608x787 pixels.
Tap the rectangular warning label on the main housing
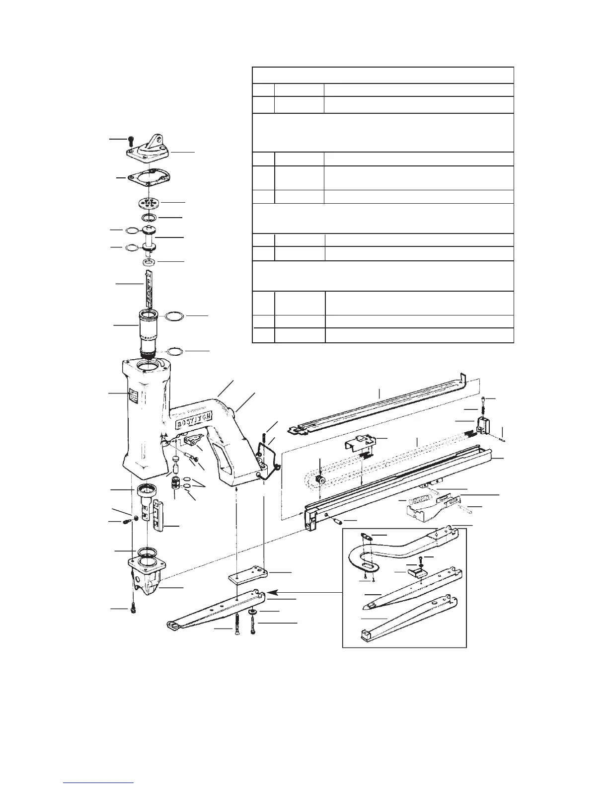click(x=134, y=395)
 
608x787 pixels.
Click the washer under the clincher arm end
click(x=253, y=612)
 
